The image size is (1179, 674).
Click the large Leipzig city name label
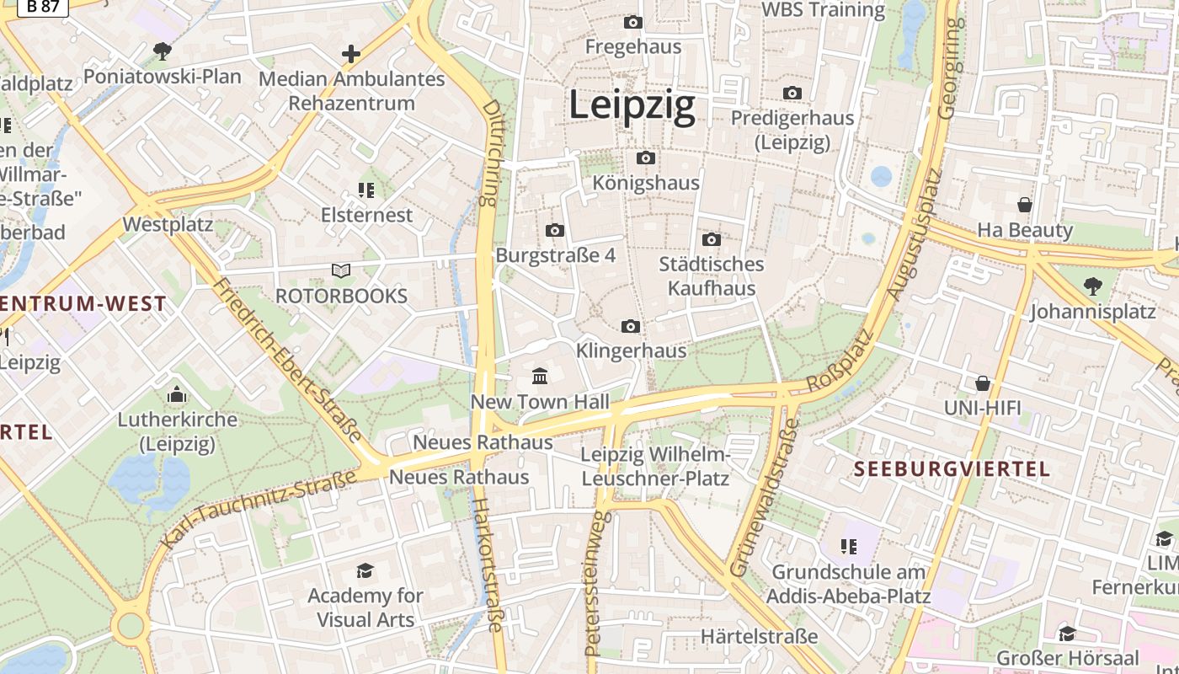point(632,106)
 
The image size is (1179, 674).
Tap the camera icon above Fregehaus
point(633,22)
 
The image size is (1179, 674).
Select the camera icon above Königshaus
point(646,158)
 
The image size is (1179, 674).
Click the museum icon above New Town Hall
point(540,375)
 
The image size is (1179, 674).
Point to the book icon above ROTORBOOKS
point(341,270)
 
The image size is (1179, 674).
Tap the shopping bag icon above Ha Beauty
point(1025,205)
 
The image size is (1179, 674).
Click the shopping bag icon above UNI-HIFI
point(982,383)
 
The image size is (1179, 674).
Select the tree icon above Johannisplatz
point(1093,286)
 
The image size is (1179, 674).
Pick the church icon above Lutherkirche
point(177,393)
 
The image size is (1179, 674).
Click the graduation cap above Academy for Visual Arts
point(365,570)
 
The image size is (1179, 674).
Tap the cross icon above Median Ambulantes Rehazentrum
point(350,54)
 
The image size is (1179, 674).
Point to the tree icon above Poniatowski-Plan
point(162,51)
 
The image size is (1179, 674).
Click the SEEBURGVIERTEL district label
point(952,469)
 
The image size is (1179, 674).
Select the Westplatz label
point(168,225)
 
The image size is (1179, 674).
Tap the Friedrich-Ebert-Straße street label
point(287,358)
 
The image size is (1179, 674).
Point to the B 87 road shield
point(42,7)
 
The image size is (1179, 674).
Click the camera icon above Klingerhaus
point(630,326)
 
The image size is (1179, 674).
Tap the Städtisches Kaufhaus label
point(712,275)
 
